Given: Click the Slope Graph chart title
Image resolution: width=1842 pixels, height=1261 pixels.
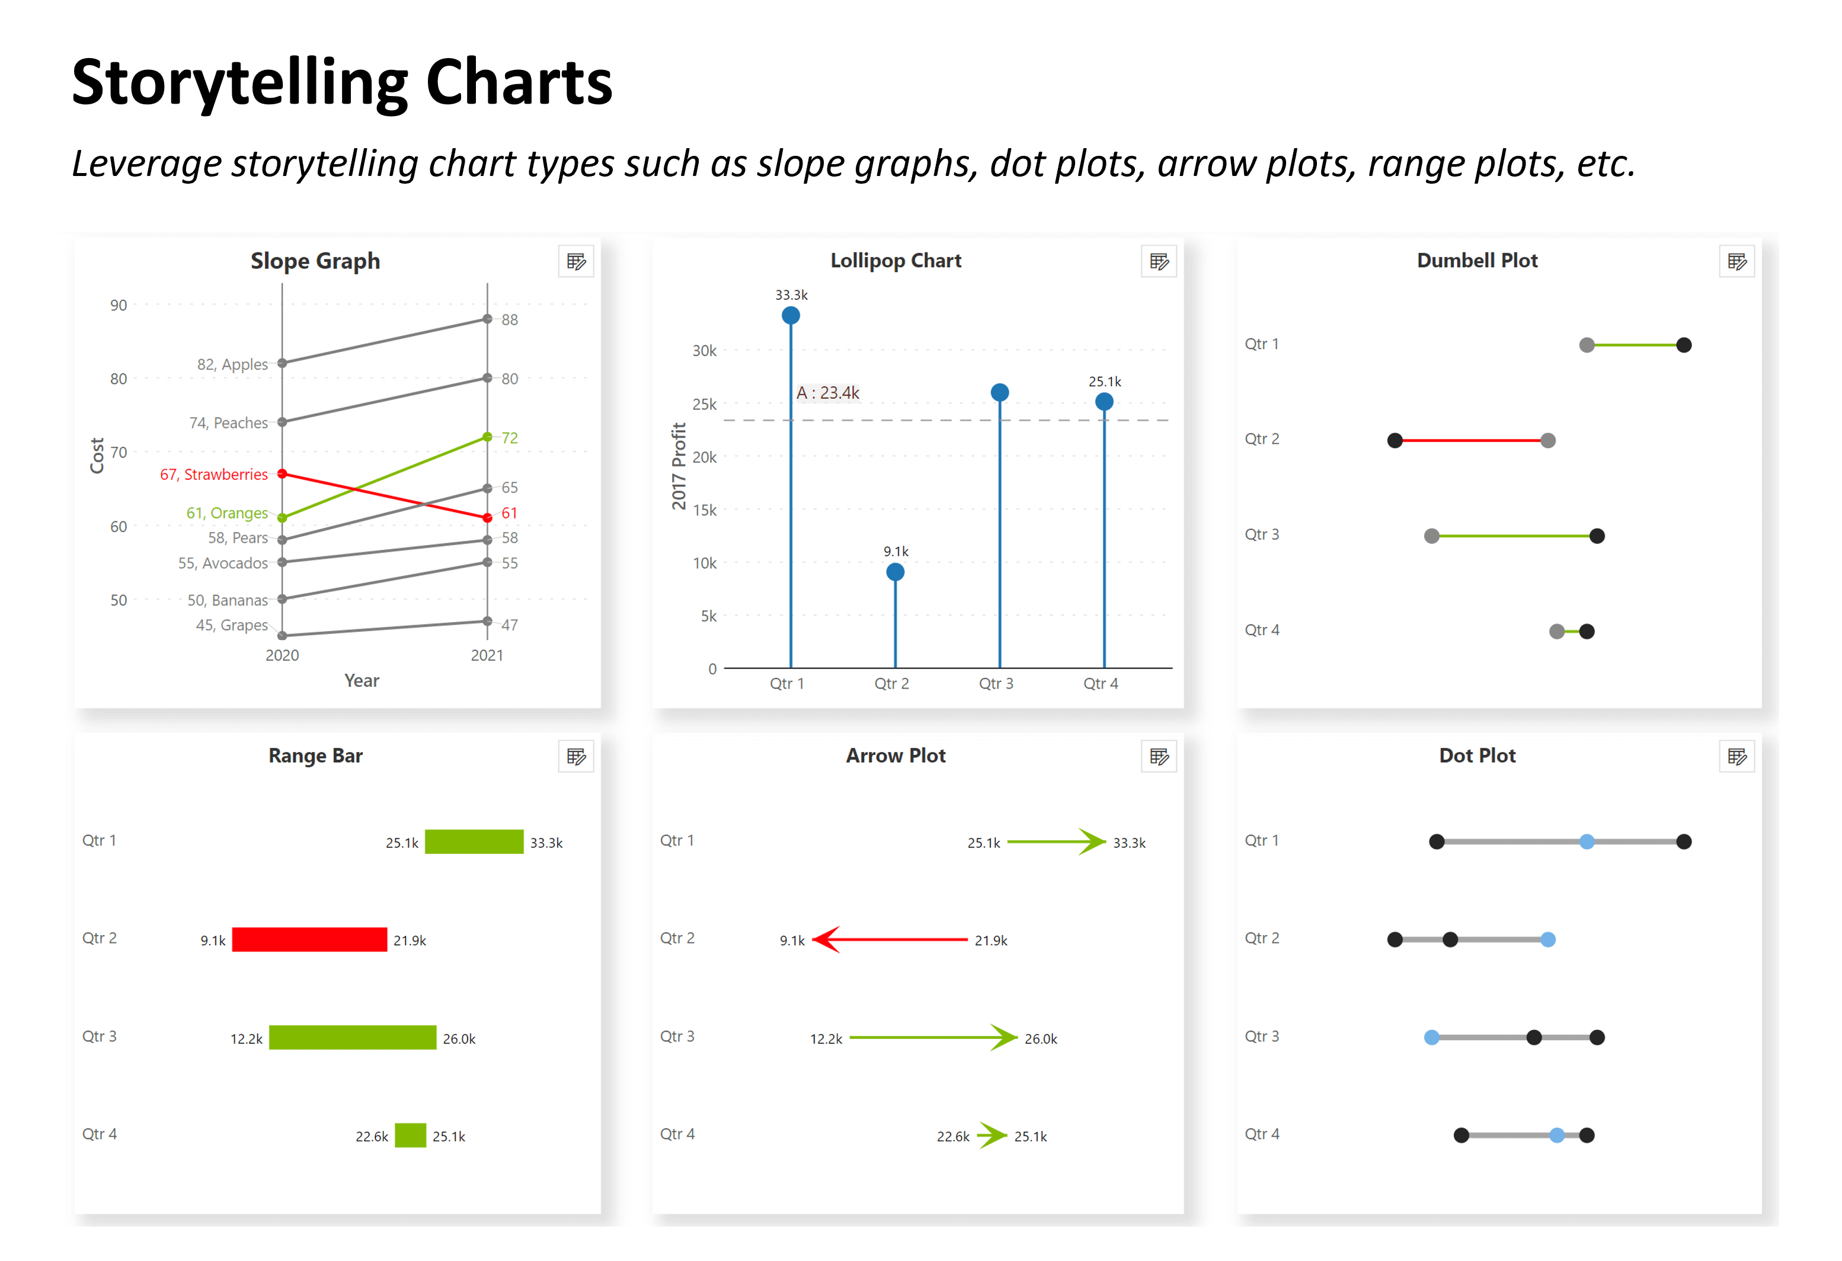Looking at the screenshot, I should click(x=315, y=261).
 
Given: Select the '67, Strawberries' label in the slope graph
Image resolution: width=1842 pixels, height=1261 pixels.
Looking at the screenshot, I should click(x=213, y=474).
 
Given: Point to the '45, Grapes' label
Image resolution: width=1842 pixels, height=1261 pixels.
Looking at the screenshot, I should click(x=232, y=625).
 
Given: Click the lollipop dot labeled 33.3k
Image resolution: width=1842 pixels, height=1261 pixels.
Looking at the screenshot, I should click(x=790, y=315).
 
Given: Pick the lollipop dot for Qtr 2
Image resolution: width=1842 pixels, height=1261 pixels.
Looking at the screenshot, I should click(x=895, y=572).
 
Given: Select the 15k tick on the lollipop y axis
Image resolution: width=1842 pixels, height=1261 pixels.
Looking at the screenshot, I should click(x=704, y=510).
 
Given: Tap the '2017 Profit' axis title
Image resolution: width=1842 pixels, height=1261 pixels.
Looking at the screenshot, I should click(x=679, y=465).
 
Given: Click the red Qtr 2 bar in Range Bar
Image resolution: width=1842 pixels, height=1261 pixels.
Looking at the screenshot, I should click(x=309, y=939).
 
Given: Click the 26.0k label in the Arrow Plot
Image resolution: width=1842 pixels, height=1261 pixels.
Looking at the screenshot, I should click(x=1040, y=1038).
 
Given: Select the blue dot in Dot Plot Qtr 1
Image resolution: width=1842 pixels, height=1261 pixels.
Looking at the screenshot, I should click(x=1586, y=841).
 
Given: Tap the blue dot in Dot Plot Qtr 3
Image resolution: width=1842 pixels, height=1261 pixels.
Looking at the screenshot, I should click(x=1431, y=1038).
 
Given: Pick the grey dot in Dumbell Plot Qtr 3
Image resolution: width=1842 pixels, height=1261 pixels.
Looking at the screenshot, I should click(x=1431, y=537).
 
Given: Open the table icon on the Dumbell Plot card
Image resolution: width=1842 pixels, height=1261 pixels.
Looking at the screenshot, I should click(x=1736, y=261).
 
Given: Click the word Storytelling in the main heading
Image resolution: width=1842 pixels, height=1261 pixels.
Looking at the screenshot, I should click(x=239, y=83).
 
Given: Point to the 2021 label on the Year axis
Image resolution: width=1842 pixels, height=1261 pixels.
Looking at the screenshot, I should click(x=487, y=655).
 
